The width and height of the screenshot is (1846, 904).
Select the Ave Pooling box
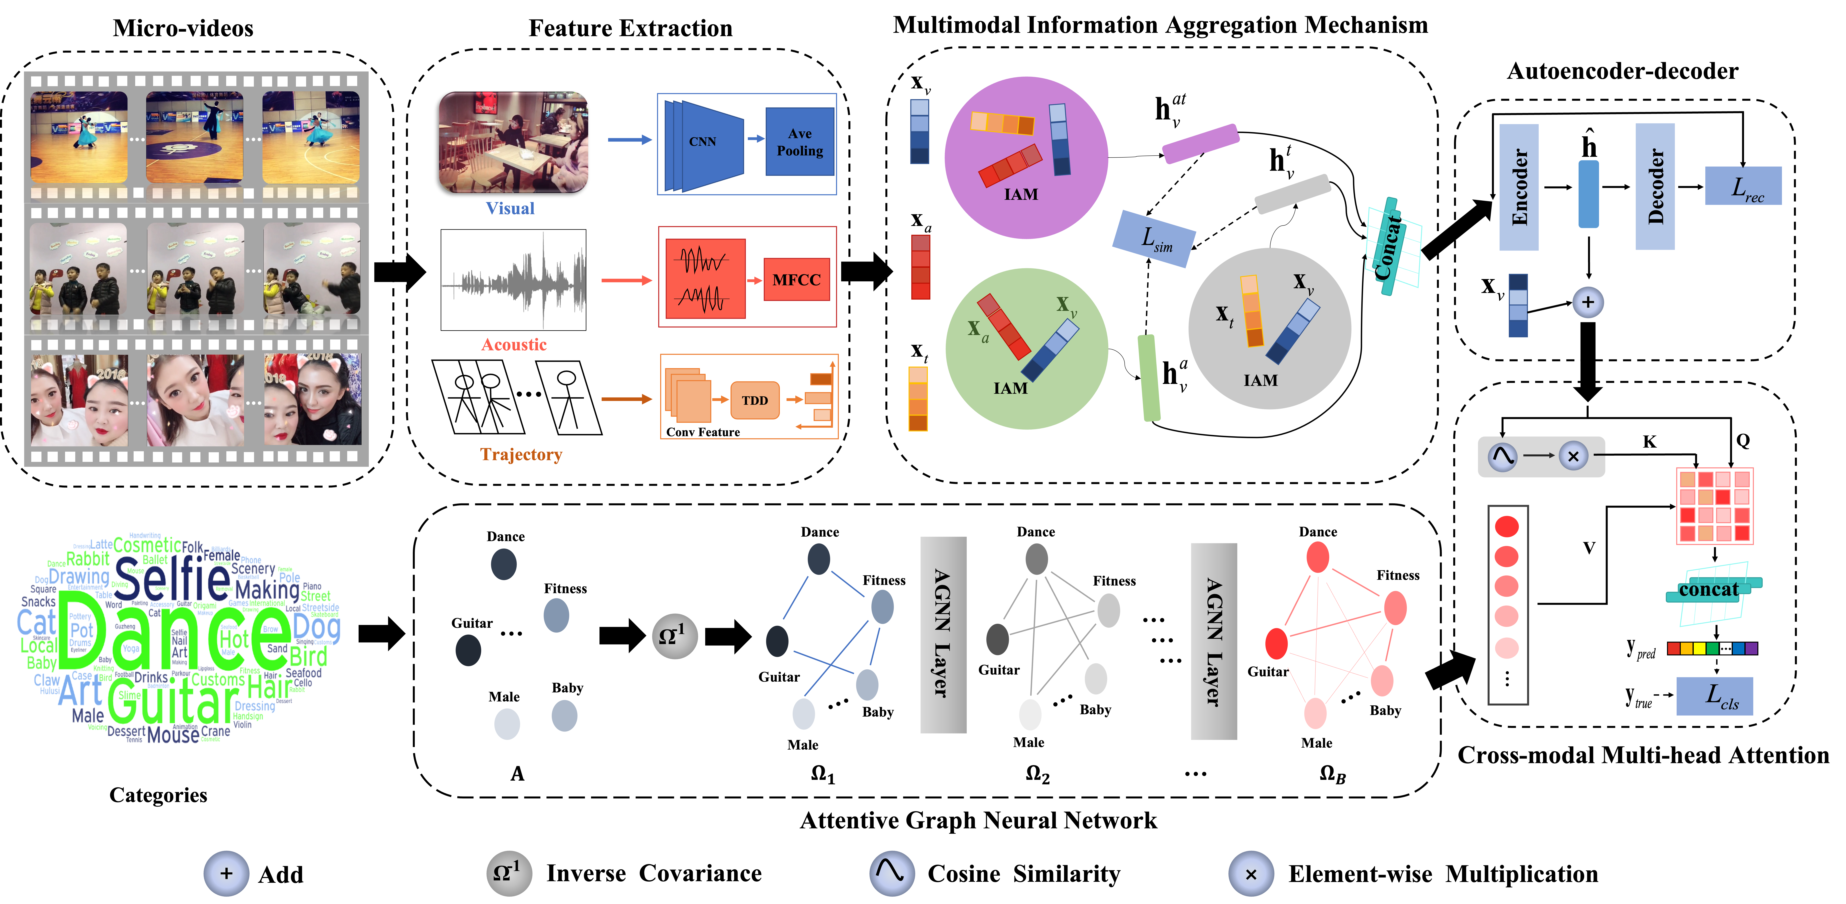[x=800, y=142]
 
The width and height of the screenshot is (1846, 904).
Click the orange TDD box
[x=755, y=400]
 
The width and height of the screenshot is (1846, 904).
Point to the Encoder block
[x=1518, y=187]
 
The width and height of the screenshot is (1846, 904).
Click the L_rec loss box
[x=1743, y=186]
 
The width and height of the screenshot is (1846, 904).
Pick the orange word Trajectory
[x=521, y=454]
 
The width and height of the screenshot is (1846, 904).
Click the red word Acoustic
[x=514, y=345]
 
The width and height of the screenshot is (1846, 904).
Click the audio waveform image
[x=513, y=280]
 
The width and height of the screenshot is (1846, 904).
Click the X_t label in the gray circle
[x=1224, y=315]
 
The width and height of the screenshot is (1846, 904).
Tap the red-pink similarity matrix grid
[x=1714, y=506]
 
